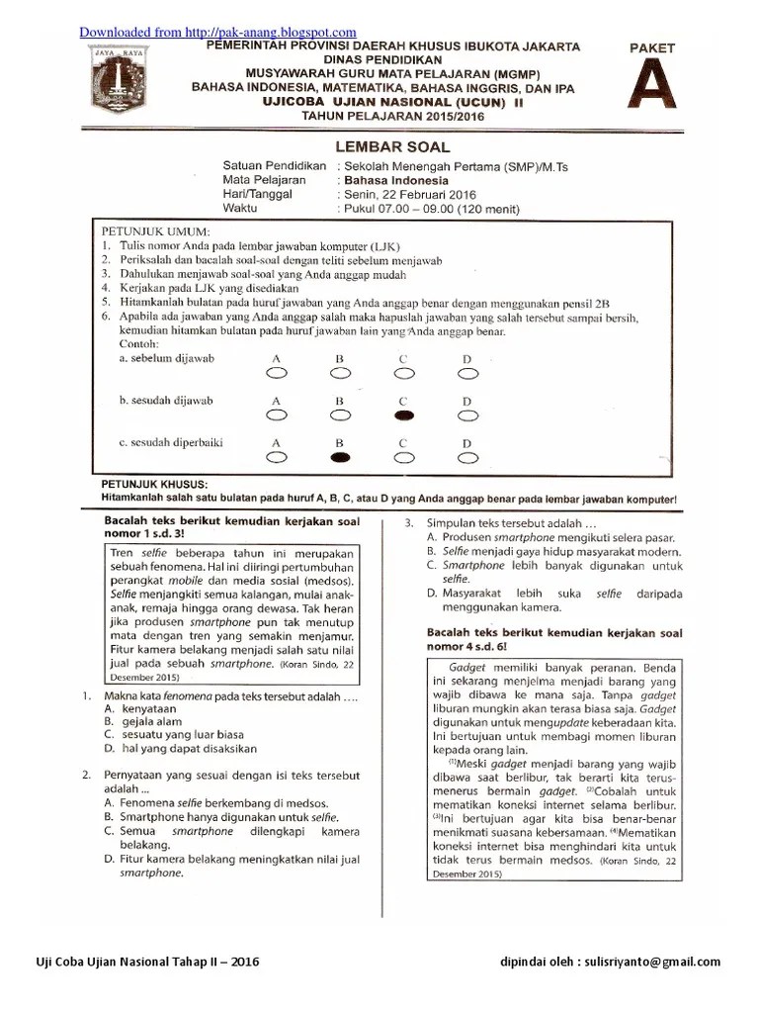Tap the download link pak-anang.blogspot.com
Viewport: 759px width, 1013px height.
[x=217, y=33]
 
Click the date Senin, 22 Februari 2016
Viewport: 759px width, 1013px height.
[x=412, y=195]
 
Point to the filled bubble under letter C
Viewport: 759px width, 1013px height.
[x=403, y=415]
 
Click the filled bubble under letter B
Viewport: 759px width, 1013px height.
[x=339, y=458]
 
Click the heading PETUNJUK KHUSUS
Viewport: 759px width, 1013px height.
[x=150, y=483]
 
